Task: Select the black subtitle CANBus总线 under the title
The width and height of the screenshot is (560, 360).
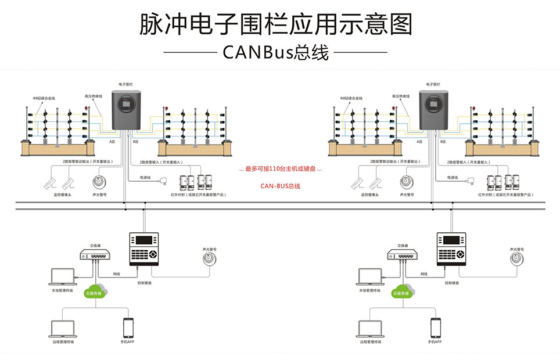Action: (x=276, y=52)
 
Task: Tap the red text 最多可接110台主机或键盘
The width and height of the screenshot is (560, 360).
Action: (x=280, y=169)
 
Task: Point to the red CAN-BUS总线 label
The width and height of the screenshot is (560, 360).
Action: (x=280, y=186)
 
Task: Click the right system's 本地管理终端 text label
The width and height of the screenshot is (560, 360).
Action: (x=370, y=290)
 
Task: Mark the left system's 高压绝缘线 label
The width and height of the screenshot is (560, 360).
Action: (x=93, y=97)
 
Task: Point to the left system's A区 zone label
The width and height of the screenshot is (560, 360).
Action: (x=112, y=141)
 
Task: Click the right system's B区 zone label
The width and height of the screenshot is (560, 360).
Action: (x=443, y=141)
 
